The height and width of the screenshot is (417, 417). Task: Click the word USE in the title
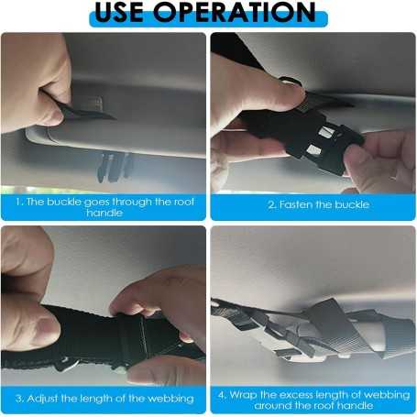[119, 12]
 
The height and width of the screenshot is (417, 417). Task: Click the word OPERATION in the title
[235, 12]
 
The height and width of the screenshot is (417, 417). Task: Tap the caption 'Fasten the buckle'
[324, 204]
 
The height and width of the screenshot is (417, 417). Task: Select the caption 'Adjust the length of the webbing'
[110, 399]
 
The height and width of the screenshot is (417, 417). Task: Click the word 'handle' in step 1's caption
[104, 213]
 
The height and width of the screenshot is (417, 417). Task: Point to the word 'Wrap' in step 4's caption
[243, 395]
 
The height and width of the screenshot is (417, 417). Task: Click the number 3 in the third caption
[18, 399]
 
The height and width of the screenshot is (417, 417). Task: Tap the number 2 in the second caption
[271, 204]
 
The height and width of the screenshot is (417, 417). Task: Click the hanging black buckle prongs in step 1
[115, 167]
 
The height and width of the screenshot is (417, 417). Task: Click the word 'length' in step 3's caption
[96, 399]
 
